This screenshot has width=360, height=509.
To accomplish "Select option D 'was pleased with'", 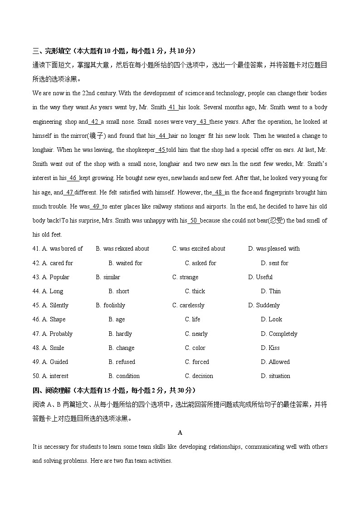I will tap(274, 249).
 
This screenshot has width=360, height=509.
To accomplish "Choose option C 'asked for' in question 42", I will tap(200, 263).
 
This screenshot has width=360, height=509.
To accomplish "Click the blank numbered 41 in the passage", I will tap(173, 108).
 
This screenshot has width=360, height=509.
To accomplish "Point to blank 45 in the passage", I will tap(161, 150).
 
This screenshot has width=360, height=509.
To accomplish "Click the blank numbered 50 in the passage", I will tap(194, 221).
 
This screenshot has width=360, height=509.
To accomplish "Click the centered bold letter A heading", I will tap(180, 433).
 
